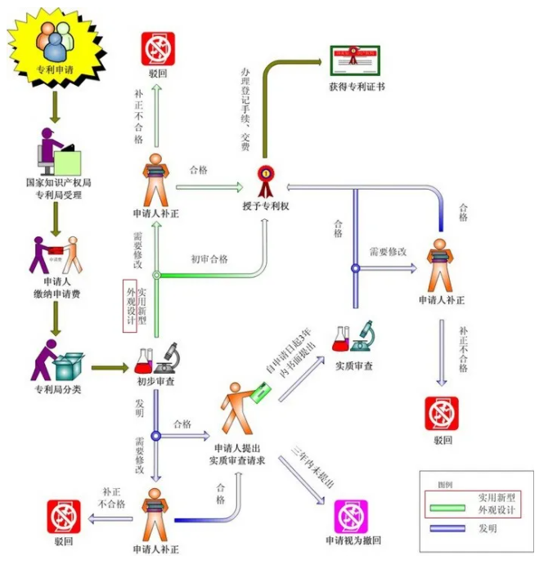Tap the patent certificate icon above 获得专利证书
pos(354,58)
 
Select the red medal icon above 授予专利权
pos(266,176)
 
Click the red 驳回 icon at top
pos(157,49)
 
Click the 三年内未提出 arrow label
pos(312,469)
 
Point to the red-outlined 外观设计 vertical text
pos(128,306)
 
